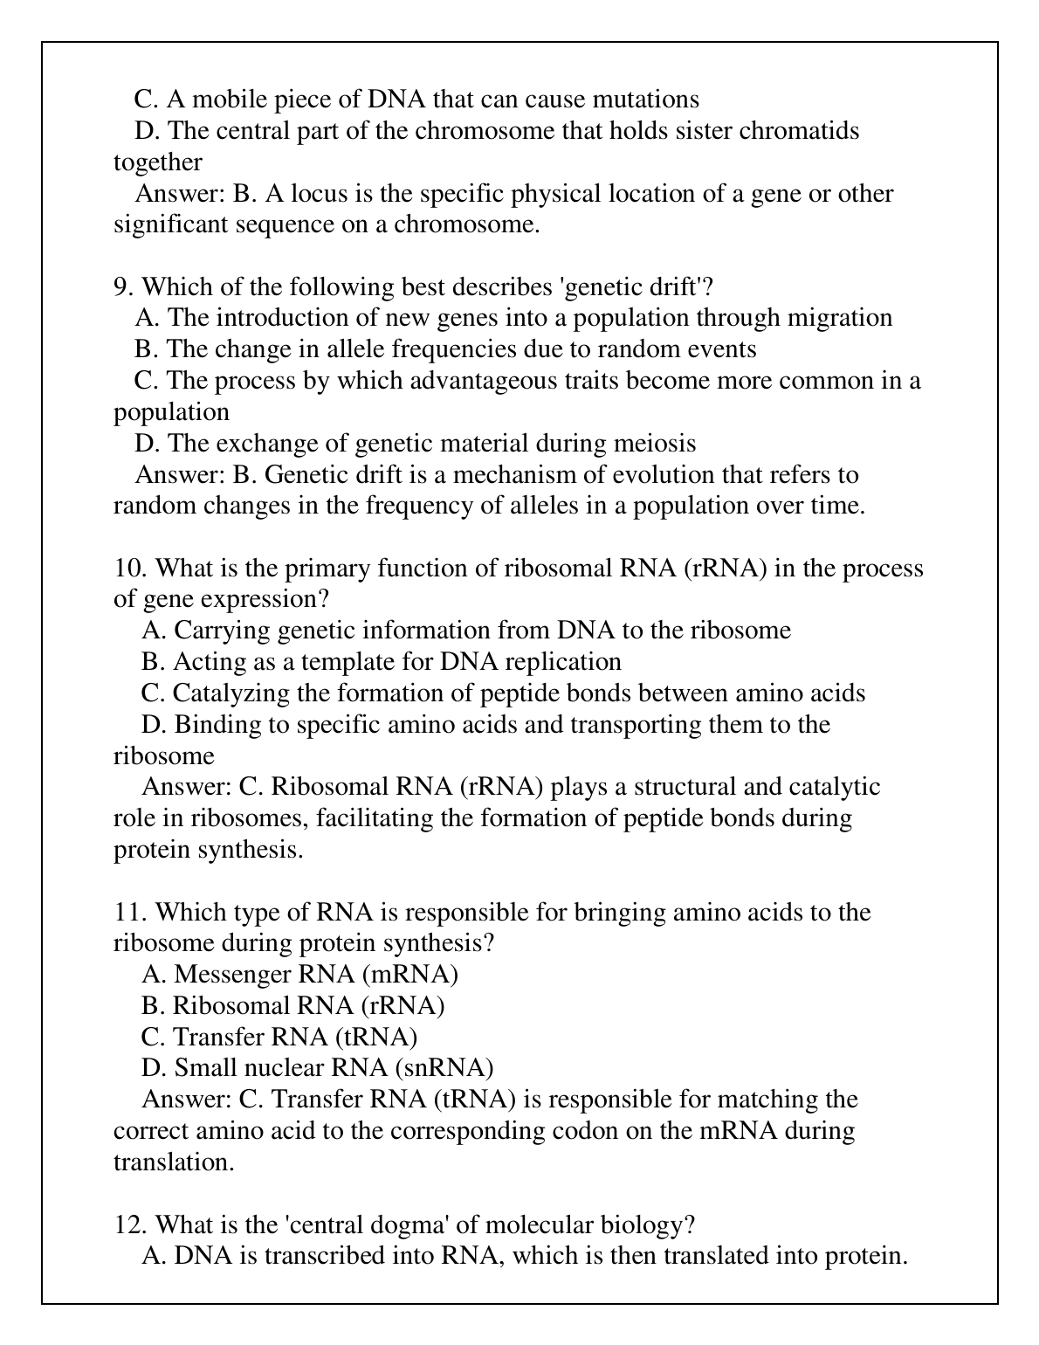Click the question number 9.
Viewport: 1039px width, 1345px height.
123,286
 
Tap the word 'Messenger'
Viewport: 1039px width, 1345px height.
232,975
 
